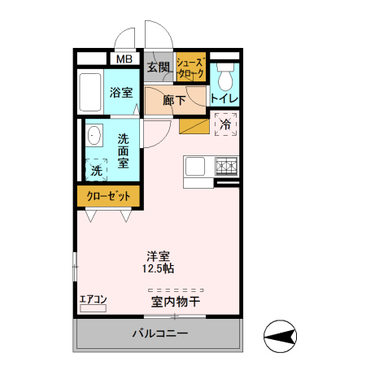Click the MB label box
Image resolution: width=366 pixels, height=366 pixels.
pos(124,59)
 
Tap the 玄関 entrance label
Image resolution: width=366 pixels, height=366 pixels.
pos(159,67)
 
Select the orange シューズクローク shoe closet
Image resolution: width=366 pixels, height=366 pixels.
pos(191,68)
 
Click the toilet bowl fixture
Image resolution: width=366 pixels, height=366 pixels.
pos(225,79)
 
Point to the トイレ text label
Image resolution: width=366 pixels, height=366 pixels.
pos(224,98)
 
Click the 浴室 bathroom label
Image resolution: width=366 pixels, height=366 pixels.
pos(122,93)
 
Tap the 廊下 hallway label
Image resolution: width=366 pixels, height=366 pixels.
pos(174,101)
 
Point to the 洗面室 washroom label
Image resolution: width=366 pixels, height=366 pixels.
pos(123,150)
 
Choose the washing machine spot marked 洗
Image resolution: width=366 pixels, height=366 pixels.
pos(97,171)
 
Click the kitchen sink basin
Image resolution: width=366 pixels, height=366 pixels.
pos(196,167)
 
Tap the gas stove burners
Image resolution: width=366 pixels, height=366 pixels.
pos(226,167)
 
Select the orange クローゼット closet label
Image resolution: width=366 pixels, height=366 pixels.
pos(109,196)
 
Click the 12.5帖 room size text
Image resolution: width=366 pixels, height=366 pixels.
pos(157,268)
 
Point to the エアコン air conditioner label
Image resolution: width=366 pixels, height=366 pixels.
pos(93,299)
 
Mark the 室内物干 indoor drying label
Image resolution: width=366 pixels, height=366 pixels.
pos(175,302)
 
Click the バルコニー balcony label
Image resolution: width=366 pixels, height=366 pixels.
pos(160,333)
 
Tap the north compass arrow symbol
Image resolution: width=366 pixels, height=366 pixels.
pos(281,336)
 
